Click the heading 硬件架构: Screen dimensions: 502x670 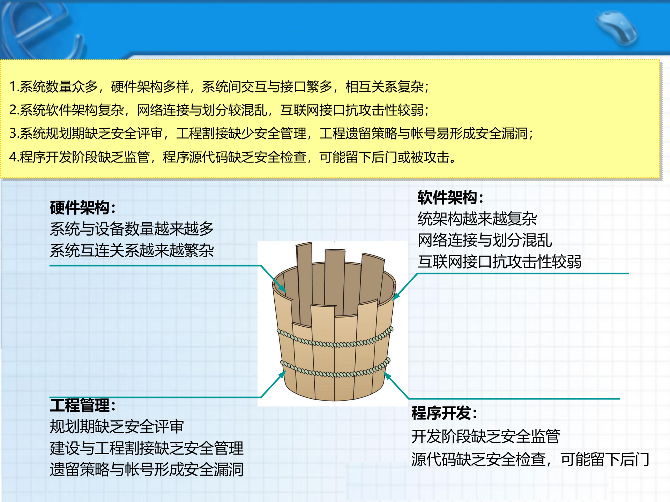point(82,208)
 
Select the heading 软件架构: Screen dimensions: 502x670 point(450,198)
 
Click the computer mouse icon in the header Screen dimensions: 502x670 point(617,28)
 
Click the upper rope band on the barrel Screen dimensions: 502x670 point(335,343)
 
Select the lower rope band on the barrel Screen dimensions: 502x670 point(335,373)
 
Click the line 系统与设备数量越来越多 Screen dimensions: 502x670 point(132,229)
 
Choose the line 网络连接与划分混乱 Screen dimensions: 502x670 point(485,240)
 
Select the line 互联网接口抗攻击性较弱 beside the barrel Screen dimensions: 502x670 point(499,262)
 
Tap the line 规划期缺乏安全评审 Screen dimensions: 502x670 point(117,427)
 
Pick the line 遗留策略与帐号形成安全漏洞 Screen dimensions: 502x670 point(147,470)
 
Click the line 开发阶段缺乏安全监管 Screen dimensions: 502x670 point(485,436)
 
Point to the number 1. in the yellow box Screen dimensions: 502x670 point(14,87)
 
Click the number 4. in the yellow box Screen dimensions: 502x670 point(14,157)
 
